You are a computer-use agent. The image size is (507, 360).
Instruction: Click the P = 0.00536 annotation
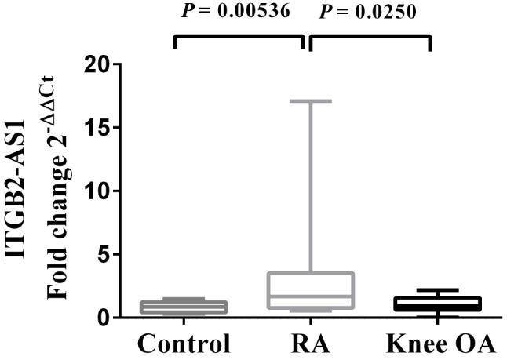coord(235,11)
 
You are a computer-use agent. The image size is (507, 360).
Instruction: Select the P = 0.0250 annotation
coord(367,13)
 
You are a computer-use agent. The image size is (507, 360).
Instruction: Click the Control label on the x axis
coord(184,344)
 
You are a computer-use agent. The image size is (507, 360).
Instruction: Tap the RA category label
coord(311,344)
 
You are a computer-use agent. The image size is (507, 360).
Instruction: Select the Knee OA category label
coord(441,344)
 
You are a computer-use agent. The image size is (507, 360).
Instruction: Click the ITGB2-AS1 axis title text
coord(15,188)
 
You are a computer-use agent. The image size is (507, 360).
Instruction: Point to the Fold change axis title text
coord(58,187)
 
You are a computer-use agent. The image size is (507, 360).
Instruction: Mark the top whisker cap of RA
coord(311,101)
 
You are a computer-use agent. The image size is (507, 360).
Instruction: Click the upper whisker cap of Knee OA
coord(437,290)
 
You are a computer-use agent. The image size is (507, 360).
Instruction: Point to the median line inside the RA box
coord(311,296)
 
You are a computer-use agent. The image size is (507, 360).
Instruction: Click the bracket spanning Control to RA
coord(239,37)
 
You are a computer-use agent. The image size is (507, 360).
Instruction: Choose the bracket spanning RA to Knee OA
coord(370,37)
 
